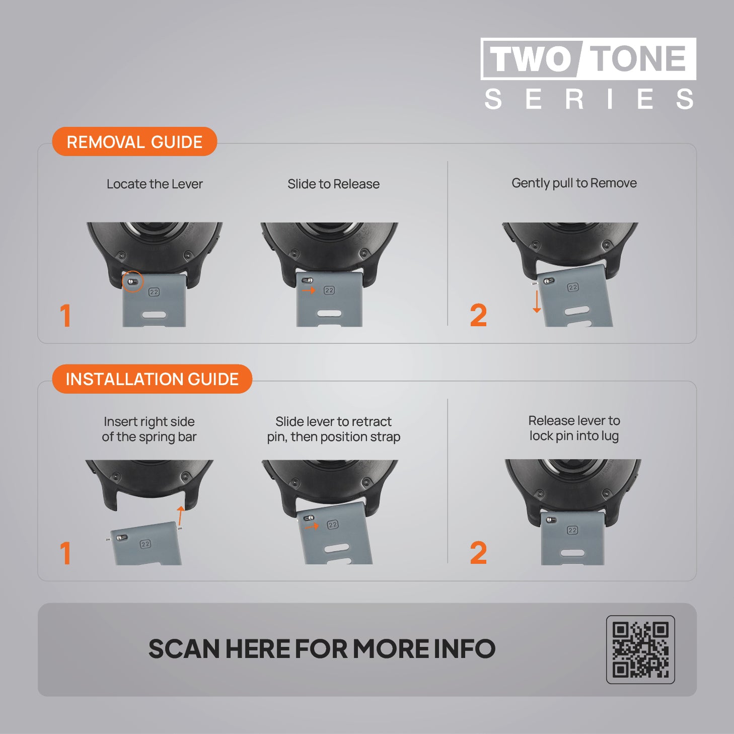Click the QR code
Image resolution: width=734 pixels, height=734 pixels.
(x=640, y=649)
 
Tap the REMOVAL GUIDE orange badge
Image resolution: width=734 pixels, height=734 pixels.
(x=134, y=141)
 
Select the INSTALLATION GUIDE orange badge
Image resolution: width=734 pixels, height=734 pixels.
(x=152, y=379)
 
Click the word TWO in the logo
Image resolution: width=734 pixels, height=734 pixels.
(x=530, y=59)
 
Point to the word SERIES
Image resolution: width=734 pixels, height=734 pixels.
(x=589, y=99)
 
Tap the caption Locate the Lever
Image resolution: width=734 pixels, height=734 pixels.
(x=155, y=184)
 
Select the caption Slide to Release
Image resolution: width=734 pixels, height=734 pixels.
(x=333, y=184)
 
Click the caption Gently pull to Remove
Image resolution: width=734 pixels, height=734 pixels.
(x=574, y=183)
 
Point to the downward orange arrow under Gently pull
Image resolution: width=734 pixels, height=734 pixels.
(x=537, y=302)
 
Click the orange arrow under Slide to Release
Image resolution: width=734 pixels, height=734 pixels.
(x=309, y=290)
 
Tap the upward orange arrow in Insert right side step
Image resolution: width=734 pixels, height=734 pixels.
(x=180, y=516)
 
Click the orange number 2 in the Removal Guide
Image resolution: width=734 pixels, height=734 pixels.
(x=478, y=315)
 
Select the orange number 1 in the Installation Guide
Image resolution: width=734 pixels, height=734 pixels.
(x=65, y=553)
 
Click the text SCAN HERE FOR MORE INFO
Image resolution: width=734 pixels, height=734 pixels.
(x=322, y=649)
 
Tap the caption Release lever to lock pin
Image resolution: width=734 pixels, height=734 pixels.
(x=574, y=428)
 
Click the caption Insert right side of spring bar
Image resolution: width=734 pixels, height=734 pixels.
(x=149, y=429)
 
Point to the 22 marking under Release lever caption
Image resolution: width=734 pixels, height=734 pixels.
(x=572, y=530)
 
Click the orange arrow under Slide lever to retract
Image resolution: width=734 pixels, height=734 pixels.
(x=312, y=527)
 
